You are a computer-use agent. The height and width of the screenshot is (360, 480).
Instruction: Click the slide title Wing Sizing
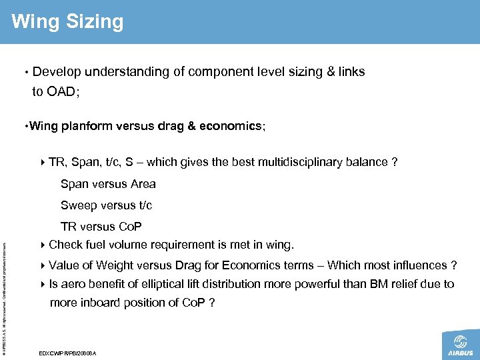[67, 21]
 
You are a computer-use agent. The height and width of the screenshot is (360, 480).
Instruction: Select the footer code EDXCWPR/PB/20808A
[69, 353]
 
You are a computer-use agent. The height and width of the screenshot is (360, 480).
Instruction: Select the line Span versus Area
[108, 183]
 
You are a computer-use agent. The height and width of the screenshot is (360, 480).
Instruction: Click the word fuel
[97, 245]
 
